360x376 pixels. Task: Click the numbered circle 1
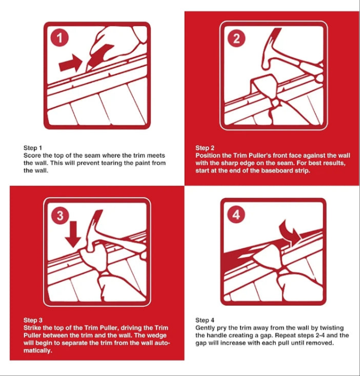60,38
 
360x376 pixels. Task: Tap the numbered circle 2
237,38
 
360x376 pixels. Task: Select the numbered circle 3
60,215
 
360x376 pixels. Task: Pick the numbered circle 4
236,214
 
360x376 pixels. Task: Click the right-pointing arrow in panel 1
70,63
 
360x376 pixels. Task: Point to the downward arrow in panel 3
73,234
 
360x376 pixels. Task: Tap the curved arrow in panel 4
291,231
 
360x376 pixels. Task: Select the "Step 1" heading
33,148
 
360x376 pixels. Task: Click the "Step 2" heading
205,148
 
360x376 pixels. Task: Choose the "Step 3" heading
33,320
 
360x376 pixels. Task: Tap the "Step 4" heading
205,320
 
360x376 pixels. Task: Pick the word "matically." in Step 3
38,350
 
